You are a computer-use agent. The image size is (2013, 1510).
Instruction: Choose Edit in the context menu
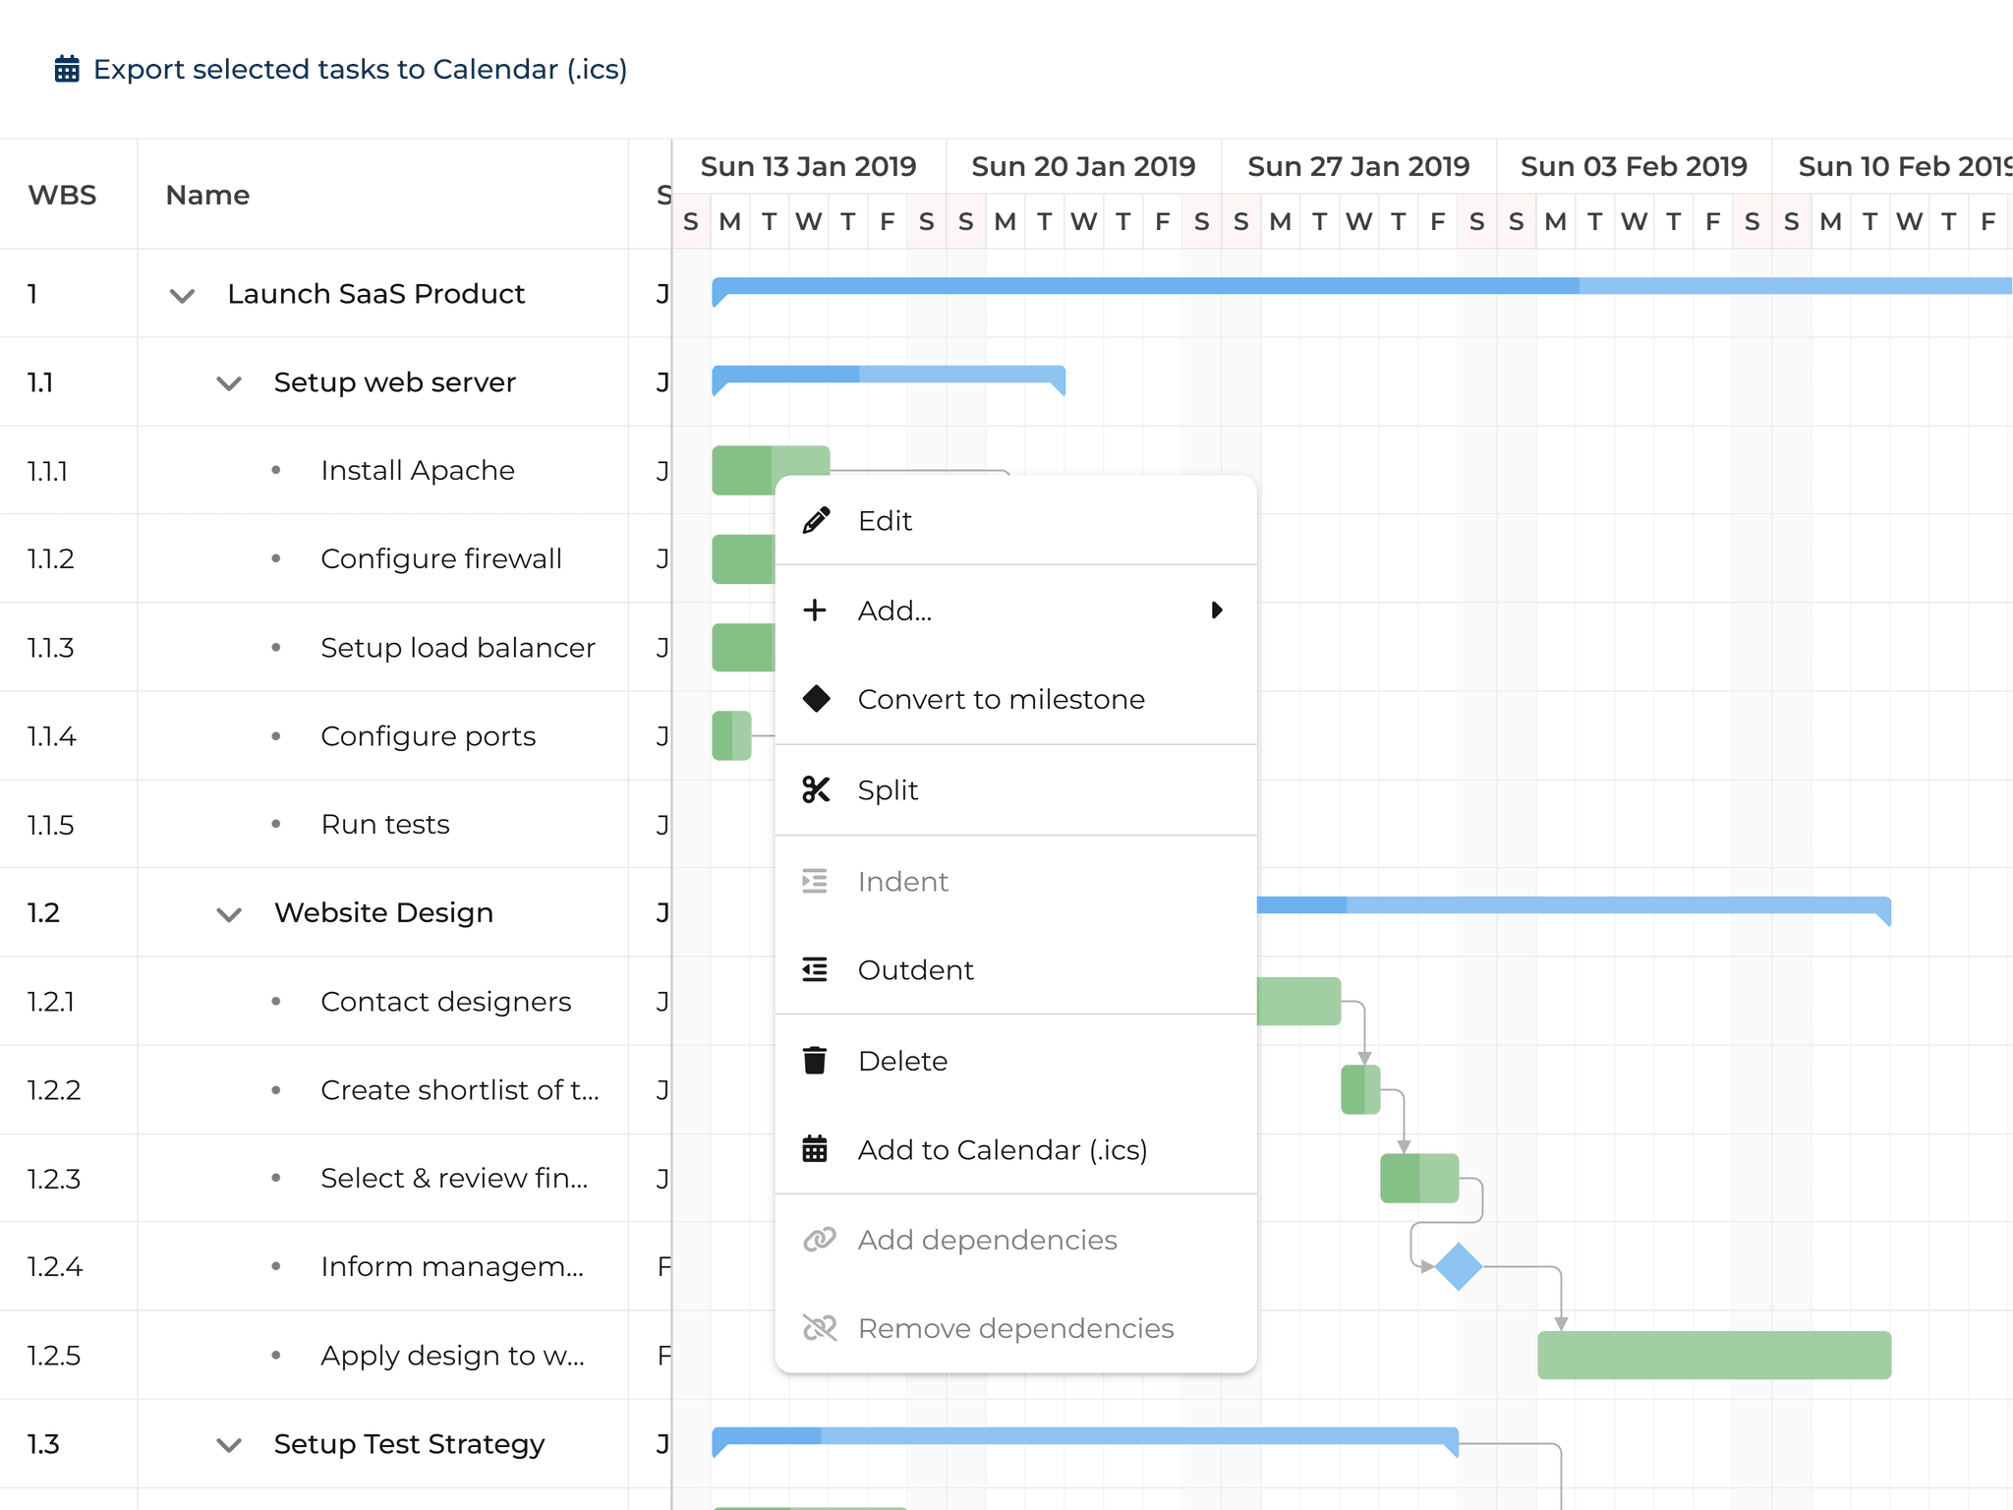pos(885,521)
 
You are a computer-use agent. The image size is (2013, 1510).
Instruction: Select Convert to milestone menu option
pos(1001,700)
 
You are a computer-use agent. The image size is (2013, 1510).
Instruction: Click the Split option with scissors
pos(887,790)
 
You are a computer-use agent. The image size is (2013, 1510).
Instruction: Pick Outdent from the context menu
pos(915,970)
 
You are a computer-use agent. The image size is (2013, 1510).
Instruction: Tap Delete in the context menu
pos(902,1062)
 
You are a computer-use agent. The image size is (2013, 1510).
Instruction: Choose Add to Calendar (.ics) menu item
pos(1002,1150)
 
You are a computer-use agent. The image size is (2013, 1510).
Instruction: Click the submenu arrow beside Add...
pos(1217,610)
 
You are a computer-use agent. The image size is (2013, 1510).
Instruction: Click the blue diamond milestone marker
pos(1459,1266)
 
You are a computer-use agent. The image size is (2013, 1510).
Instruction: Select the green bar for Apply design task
pos(1713,1356)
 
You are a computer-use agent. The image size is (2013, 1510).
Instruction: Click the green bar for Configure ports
pos(731,736)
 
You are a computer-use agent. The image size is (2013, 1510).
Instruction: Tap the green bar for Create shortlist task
pos(1360,1090)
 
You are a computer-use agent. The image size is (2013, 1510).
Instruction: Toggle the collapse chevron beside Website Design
pos(229,914)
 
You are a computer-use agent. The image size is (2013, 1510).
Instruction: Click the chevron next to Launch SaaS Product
pos(182,295)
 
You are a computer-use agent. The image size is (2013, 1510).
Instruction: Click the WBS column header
pos(63,195)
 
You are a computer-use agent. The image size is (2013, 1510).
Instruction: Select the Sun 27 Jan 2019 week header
pos(1358,167)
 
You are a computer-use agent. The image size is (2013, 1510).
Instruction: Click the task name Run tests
pos(385,825)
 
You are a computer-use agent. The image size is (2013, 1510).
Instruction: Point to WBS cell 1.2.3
pos(54,1179)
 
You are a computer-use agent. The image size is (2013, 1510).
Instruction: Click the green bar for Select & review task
pos(1418,1179)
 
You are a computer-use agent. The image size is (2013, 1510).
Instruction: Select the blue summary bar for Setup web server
pos(888,375)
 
